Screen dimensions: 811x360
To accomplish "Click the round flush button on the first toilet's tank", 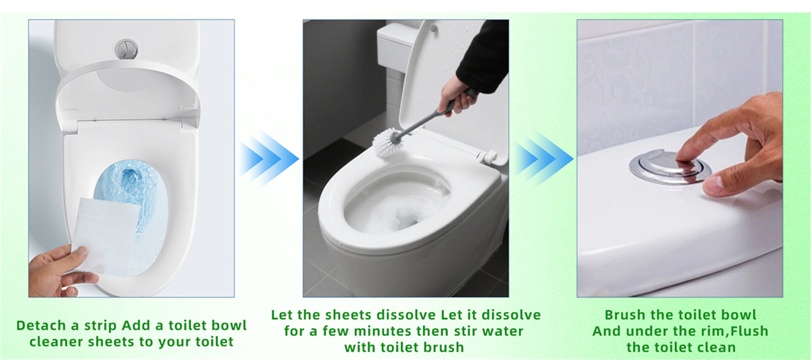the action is [x=126, y=49].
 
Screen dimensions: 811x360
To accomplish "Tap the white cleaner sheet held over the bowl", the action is [x=106, y=237].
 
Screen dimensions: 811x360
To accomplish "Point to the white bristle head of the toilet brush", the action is [x=385, y=143].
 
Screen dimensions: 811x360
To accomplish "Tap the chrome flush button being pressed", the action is [x=670, y=167].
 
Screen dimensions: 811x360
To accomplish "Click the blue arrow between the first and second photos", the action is [x=269, y=159].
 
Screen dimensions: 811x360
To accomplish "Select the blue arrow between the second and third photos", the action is [x=543, y=159].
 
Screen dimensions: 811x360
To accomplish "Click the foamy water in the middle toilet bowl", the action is [x=393, y=213].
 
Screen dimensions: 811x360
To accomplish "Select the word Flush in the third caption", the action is [x=749, y=331].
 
